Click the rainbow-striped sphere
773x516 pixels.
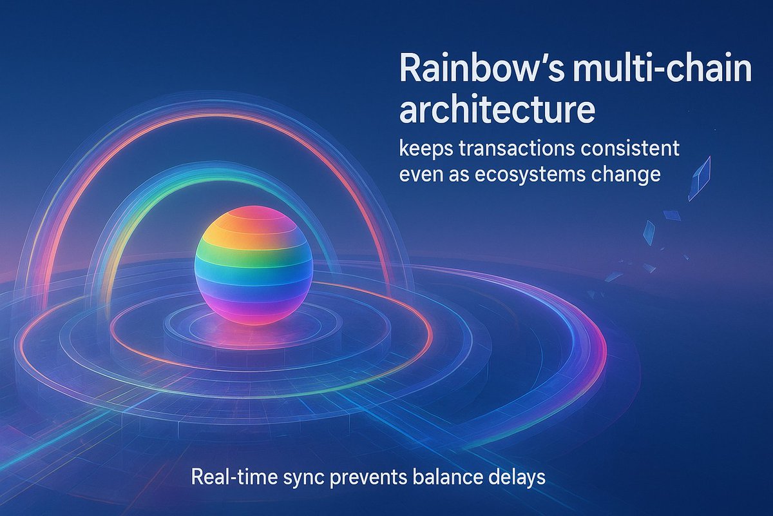[253, 264]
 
